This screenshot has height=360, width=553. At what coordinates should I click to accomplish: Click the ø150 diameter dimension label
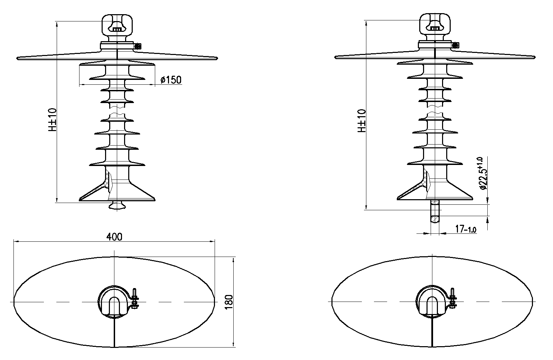[x=171, y=80]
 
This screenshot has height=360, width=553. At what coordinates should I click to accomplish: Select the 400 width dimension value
[x=114, y=237]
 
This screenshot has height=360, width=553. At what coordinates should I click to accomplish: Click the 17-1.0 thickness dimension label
[x=466, y=229]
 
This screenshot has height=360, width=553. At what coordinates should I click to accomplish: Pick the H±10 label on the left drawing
[x=53, y=120]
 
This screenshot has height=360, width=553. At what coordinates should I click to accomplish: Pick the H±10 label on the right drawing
[x=362, y=121]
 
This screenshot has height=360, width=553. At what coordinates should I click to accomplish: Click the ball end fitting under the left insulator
[x=117, y=205]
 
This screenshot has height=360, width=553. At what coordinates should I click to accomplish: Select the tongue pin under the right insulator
[x=435, y=211]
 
